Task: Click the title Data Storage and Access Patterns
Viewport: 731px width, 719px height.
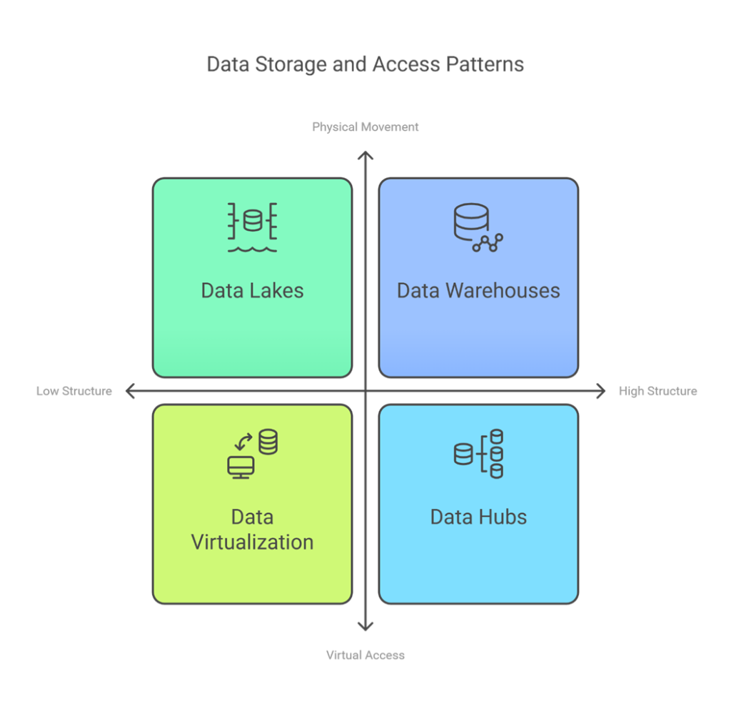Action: coord(365,64)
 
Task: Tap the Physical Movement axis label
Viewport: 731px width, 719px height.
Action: coord(365,127)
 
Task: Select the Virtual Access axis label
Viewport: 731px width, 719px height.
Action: coord(365,655)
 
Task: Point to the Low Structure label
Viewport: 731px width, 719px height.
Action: coord(74,391)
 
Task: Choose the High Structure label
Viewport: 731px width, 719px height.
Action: coord(657,391)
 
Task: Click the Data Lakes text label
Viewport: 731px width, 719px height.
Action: coord(252,290)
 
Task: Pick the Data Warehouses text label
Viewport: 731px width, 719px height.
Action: coord(478,290)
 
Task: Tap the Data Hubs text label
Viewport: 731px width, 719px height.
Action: coord(478,517)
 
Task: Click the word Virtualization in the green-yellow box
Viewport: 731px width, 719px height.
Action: coord(252,542)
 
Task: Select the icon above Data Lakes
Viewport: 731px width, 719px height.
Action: coord(252,227)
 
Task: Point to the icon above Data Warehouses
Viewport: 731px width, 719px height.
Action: coord(478,227)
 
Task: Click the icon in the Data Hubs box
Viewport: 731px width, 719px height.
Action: coord(478,454)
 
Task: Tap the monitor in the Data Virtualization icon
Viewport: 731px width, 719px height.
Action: coord(241,467)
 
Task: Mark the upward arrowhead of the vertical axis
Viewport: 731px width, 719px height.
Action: coord(365,155)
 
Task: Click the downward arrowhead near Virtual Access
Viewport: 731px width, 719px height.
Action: coord(365,627)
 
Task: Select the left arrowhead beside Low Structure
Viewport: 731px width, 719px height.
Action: coord(130,391)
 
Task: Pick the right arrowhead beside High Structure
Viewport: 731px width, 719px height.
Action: coord(601,391)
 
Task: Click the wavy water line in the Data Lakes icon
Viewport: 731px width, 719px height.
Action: coord(252,249)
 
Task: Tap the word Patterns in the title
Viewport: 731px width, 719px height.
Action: coord(485,64)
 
